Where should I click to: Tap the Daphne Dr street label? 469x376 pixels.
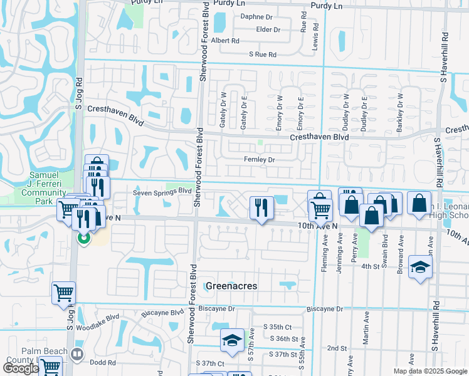(x=254, y=17)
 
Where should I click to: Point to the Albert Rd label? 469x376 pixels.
(x=225, y=41)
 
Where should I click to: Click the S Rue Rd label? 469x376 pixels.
(x=262, y=55)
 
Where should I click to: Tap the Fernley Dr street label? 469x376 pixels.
(x=260, y=160)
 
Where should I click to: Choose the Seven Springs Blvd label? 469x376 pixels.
(x=162, y=192)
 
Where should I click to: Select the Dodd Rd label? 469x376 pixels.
(x=102, y=362)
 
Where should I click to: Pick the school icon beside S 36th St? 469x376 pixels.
(x=232, y=340)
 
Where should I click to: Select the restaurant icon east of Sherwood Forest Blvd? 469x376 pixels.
(x=261, y=207)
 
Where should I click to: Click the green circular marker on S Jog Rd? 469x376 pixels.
(x=83, y=238)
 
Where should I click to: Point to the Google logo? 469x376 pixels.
(x=21, y=368)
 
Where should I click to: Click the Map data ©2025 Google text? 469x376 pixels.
(x=430, y=371)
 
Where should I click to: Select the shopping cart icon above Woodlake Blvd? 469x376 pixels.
(x=64, y=292)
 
